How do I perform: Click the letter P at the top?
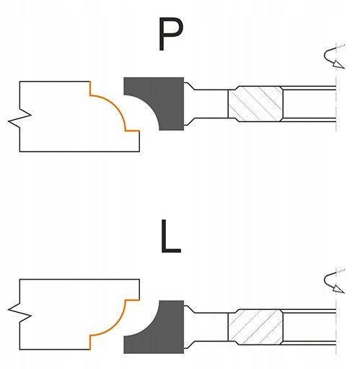pos(170,35)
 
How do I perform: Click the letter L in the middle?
pos(170,236)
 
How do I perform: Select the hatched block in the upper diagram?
pos(255,104)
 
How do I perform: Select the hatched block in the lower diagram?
pos(255,327)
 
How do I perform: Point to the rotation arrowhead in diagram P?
pos(338,64)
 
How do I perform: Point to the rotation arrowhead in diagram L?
pos(338,289)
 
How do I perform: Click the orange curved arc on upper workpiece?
pos(115,105)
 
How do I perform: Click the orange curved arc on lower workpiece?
pos(115,326)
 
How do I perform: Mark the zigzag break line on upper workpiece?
pos(19,116)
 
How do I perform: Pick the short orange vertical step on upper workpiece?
pos(90,88)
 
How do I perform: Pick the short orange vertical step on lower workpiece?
pos(90,342)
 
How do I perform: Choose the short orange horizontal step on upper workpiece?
pos(133,131)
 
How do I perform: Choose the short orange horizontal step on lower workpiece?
pos(133,300)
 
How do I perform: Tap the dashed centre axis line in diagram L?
pos(336,311)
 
